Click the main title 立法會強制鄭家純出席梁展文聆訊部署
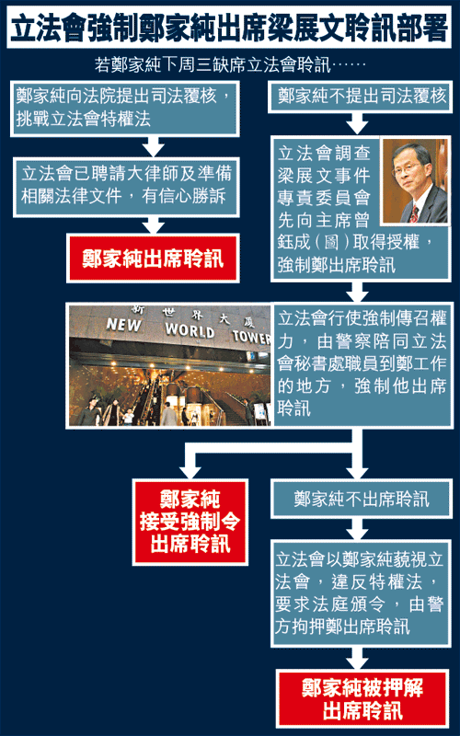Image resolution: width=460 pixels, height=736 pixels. pyautogui.click(x=229, y=29)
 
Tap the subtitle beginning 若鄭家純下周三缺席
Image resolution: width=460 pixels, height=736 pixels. pyautogui.click(x=230, y=64)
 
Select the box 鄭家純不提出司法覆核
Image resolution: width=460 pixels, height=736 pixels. pyautogui.click(x=361, y=97)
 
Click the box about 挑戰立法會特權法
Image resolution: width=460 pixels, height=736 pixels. pyautogui.click(x=125, y=109)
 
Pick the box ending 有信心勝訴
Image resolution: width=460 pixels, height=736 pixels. pyautogui.click(x=126, y=188)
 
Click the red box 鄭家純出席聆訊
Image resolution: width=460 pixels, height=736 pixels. pyautogui.click(x=153, y=259)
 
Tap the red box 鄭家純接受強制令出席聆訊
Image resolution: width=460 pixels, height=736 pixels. pyautogui.click(x=190, y=522)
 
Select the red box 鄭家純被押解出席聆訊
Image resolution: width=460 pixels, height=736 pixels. pyautogui.click(x=362, y=699)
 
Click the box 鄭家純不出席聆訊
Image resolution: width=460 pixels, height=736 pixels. pyautogui.click(x=361, y=499)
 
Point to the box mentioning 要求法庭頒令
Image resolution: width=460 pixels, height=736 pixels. pyautogui.click(x=361, y=593)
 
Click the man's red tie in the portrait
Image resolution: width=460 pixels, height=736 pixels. pyautogui.click(x=414, y=213)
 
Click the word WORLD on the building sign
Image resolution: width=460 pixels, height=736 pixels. pyautogui.click(x=190, y=330)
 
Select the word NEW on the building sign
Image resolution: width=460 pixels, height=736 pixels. pyautogui.click(x=124, y=325)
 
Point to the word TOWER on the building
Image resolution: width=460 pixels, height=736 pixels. pyautogui.click(x=251, y=336)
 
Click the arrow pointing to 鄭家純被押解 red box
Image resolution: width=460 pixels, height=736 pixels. pyautogui.click(x=357, y=659)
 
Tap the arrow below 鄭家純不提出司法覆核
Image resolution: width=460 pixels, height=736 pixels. pyautogui.click(x=357, y=124)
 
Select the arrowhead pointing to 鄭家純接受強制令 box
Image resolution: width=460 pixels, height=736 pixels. pyautogui.click(x=190, y=471)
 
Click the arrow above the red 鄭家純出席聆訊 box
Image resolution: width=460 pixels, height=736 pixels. pyautogui.click(x=153, y=225)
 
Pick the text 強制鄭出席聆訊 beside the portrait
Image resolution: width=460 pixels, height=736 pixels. pyautogui.click(x=336, y=265)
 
